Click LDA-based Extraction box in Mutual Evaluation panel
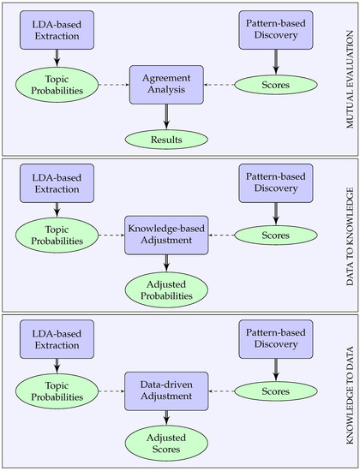click(57, 28)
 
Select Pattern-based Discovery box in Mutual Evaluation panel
click(275, 28)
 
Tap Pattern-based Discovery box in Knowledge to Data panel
click(275, 337)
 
